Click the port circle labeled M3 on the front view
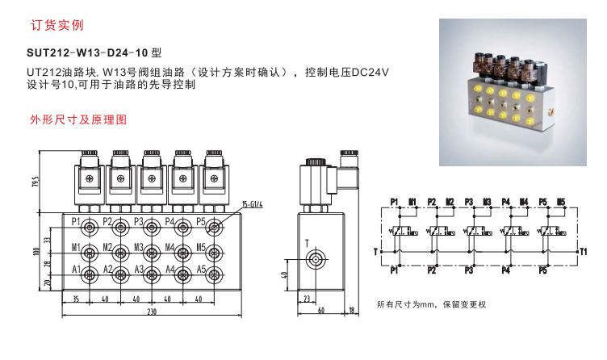pyautogui.click(x=151, y=249)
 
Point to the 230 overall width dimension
pyautogui.click(x=151, y=312)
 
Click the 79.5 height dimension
pyautogui.click(x=36, y=180)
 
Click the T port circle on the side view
pyautogui.click(x=316, y=259)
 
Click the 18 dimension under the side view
pyautogui.click(x=354, y=310)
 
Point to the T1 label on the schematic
pyautogui.click(x=584, y=252)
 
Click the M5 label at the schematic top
pyautogui.click(x=561, y=201)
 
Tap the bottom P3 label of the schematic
pyautogui.click(x=470, y=270)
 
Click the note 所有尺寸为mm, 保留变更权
pyautogui.click(x=433, y=305)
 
